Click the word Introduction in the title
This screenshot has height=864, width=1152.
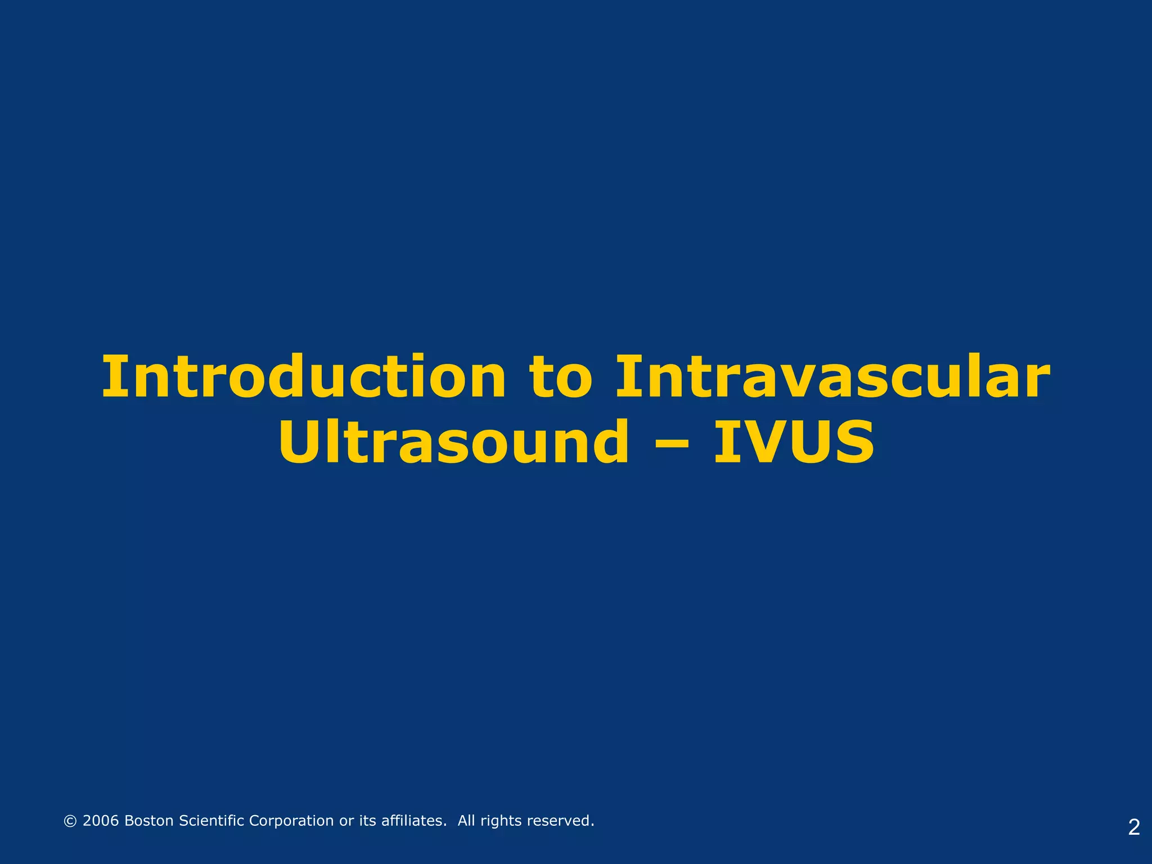[304, 378]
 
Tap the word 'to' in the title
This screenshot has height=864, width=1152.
[560, 378]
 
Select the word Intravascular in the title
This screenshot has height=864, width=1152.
[832, 378]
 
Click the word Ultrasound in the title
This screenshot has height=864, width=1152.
[453, 443]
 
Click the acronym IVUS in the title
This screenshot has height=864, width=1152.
[794, 443]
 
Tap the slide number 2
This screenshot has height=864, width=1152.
[1134, 827]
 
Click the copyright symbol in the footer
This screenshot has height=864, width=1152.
[70, 821]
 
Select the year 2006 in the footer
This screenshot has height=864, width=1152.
[101, 821]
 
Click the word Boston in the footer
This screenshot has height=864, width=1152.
[148, 821]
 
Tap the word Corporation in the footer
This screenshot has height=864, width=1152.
[291, 821]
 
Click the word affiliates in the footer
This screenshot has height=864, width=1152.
[414, 821]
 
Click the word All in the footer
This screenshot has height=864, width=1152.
[466, 821]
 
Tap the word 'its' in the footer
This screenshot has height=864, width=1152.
[367, 821]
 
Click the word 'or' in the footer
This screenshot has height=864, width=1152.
[346, 821]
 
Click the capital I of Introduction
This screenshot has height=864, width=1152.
[111, 378]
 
